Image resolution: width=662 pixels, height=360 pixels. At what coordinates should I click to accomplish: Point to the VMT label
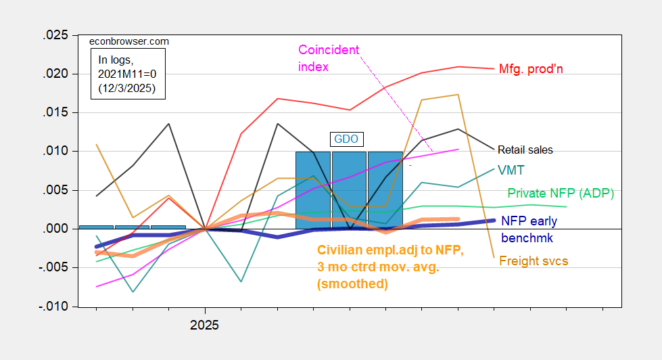pos(509,169)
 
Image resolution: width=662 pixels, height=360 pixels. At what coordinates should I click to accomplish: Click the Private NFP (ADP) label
pos(561,194)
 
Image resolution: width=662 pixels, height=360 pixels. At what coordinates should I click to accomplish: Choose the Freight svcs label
pos(533,261)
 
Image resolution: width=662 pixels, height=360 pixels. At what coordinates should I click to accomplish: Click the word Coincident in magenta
pos(329,50)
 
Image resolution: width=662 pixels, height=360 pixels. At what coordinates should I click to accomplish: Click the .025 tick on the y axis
pos(57,35)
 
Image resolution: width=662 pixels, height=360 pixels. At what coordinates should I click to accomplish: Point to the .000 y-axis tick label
pos(57,229)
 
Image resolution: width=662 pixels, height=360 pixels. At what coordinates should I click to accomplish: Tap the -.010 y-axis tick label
pos(54,307)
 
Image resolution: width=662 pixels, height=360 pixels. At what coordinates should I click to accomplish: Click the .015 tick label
pos(57,112)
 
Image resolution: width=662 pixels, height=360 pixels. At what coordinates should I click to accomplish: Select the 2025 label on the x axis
pos(204,325)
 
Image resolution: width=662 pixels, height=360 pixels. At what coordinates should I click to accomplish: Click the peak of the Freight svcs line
pos(458,95)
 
